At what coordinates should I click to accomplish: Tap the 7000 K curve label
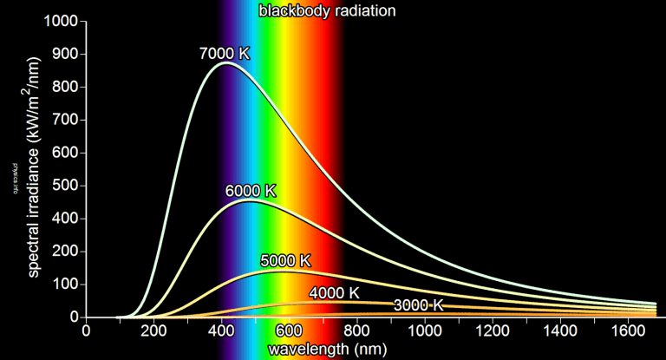[224, 53]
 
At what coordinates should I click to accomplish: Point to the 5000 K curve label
[285, 260]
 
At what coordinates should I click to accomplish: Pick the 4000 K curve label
[334, 292]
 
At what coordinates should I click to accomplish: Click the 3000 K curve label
[418, 304]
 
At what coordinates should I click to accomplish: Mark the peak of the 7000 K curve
[226, 62]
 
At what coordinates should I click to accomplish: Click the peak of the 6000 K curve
[250, 201]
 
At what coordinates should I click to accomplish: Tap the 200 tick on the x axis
[153, 331]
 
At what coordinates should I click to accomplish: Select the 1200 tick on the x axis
[493, 331]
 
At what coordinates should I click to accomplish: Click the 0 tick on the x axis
[86, 331]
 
